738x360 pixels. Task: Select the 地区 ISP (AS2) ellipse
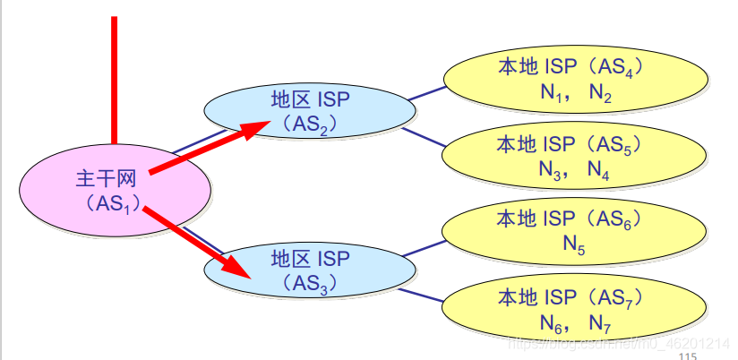[x=310, y=111]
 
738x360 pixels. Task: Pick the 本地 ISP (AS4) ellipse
[x=576, y=79]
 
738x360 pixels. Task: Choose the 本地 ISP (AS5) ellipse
[x=575, y=157]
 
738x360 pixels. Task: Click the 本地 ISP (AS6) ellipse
[x=575, y=231]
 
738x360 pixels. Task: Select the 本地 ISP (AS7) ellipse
[x=575, y=307]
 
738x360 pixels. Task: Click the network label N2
[x=601, y=92]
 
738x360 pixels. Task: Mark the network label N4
[x=601, y=169]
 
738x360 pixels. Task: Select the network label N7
[x=601, y=321]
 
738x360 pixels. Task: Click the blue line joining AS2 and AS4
[x=429, y=92]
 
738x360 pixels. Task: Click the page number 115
[x=688, y=355]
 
